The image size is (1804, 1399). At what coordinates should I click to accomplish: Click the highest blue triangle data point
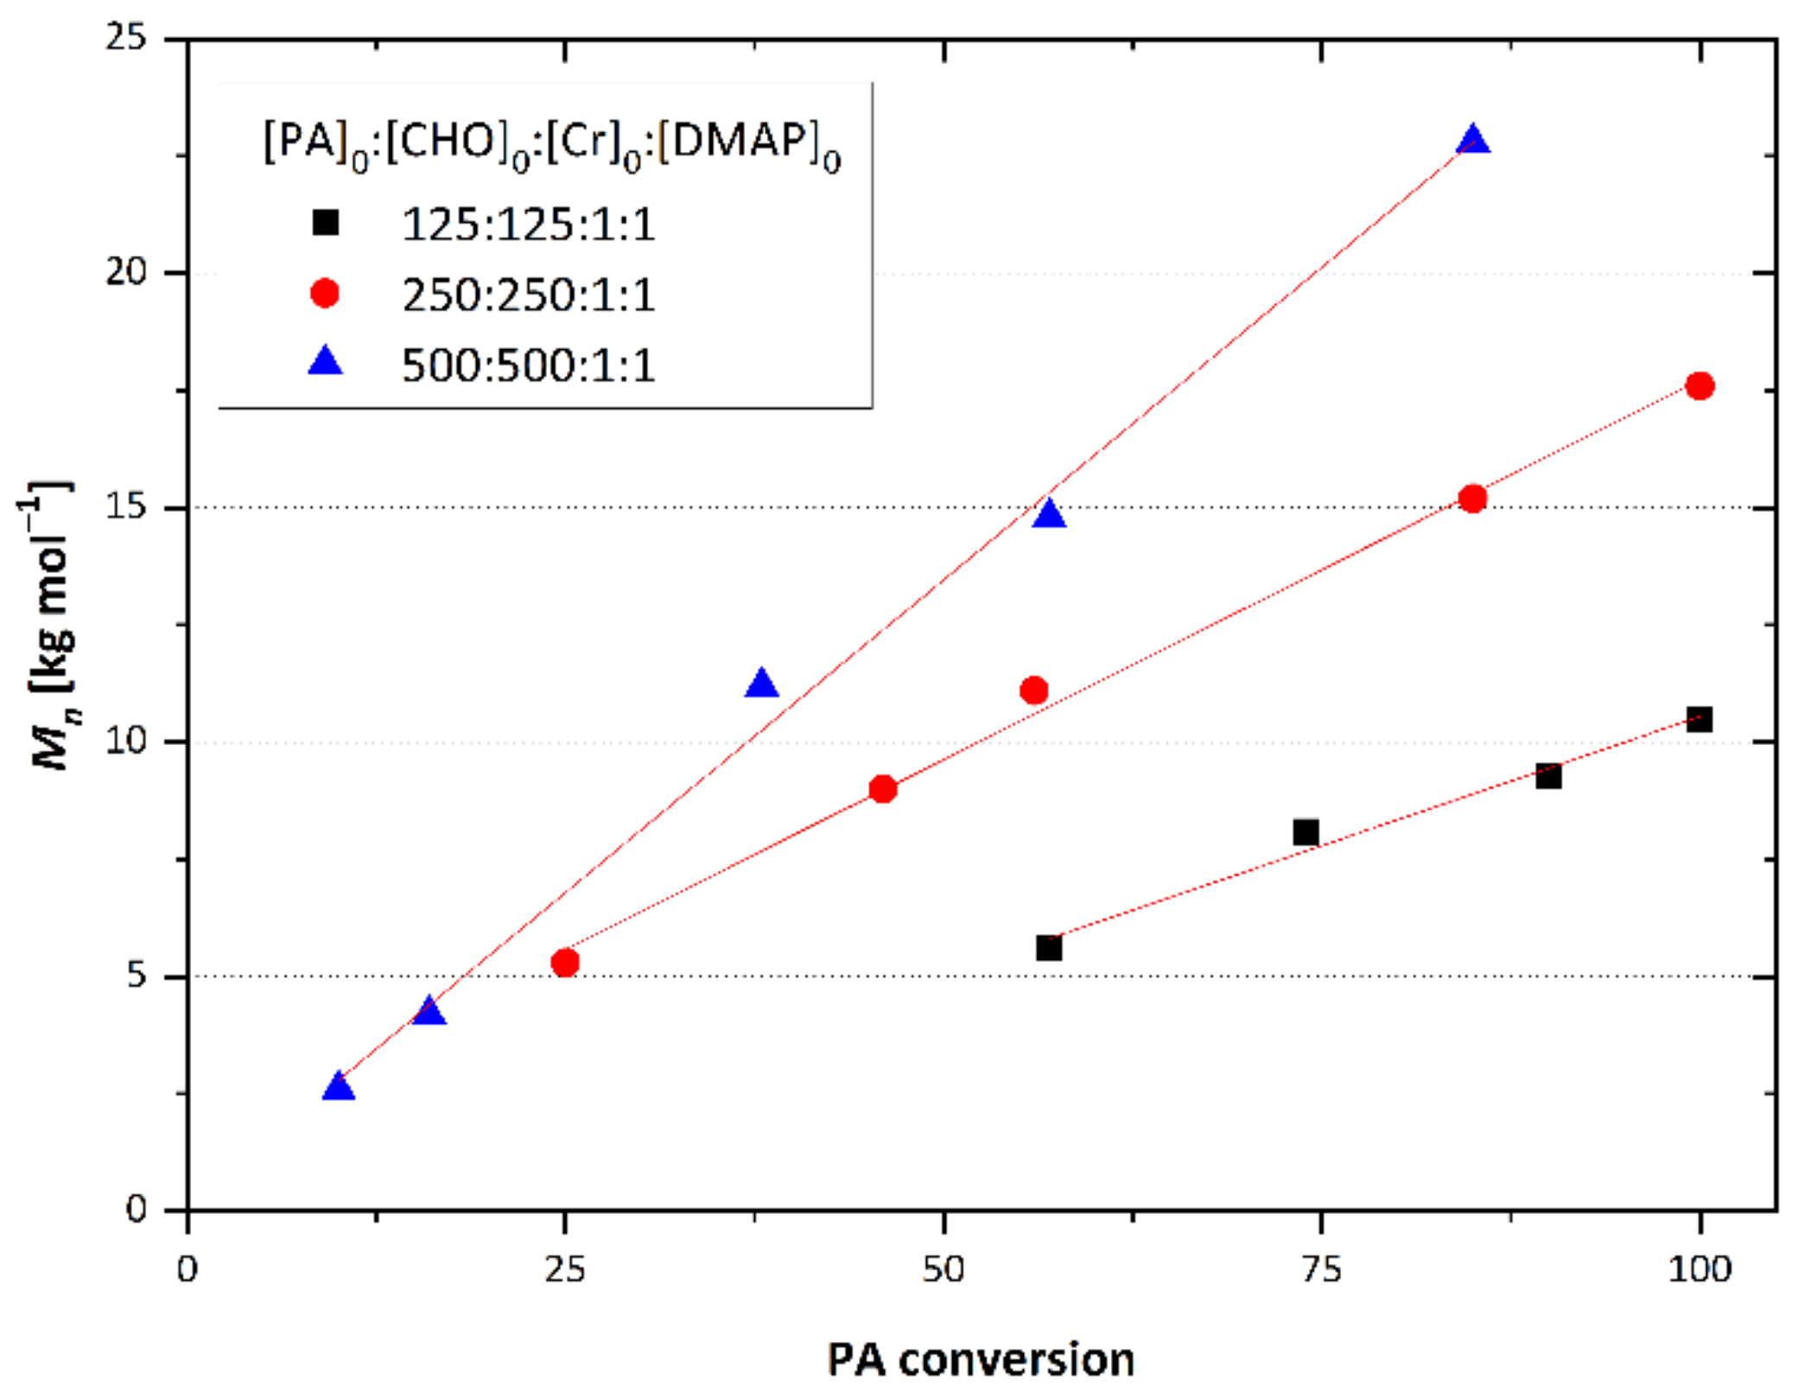pyautogui.click(x=1472, y=142)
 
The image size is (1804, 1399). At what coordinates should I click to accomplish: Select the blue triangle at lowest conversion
pyautogui.click(x=339, y=1087)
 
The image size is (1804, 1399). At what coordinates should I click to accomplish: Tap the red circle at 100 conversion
pyautogui.click(x=1699, y=386)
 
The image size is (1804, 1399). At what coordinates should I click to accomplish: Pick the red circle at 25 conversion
pyautogui.click(x=565, y=962)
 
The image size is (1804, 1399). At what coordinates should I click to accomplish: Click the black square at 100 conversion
pyautogui.click(x=1699, y=719)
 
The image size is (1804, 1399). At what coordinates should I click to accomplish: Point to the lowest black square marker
pyautogui.click(x=1048, y=948)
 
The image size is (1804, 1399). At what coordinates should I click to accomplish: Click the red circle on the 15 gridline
pyautogui.click(x=1472, y=499)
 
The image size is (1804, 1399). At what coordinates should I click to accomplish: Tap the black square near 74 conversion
pyautogui.click(x=1305, y=832)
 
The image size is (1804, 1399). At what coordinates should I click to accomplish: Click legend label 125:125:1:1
pyautogui.click(x=528, y=225)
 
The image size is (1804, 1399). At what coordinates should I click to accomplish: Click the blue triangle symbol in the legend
pyautogui.click(x=326, y=361)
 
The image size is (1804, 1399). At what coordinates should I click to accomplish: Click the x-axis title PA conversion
pyautogui.click(x=981, y=1359)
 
